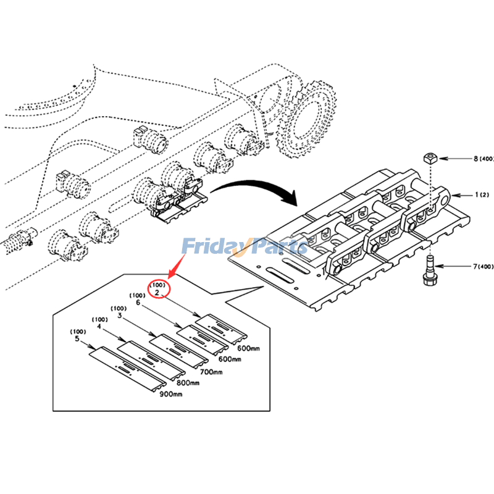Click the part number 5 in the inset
[x=77, y=338]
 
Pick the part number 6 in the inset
[x=138, y=303]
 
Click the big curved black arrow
[x=259, y=187]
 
